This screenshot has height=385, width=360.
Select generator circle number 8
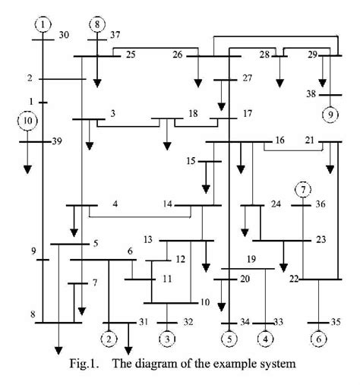tap(98, 24)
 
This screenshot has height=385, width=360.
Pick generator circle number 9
tap(330, 115)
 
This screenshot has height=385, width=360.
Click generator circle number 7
tap(303, 188)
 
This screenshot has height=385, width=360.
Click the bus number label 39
tap(58, 142)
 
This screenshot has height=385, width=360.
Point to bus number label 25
tap(130, 55)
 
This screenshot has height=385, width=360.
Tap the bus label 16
tap(279, 141)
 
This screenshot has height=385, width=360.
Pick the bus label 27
tap(247, 78)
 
